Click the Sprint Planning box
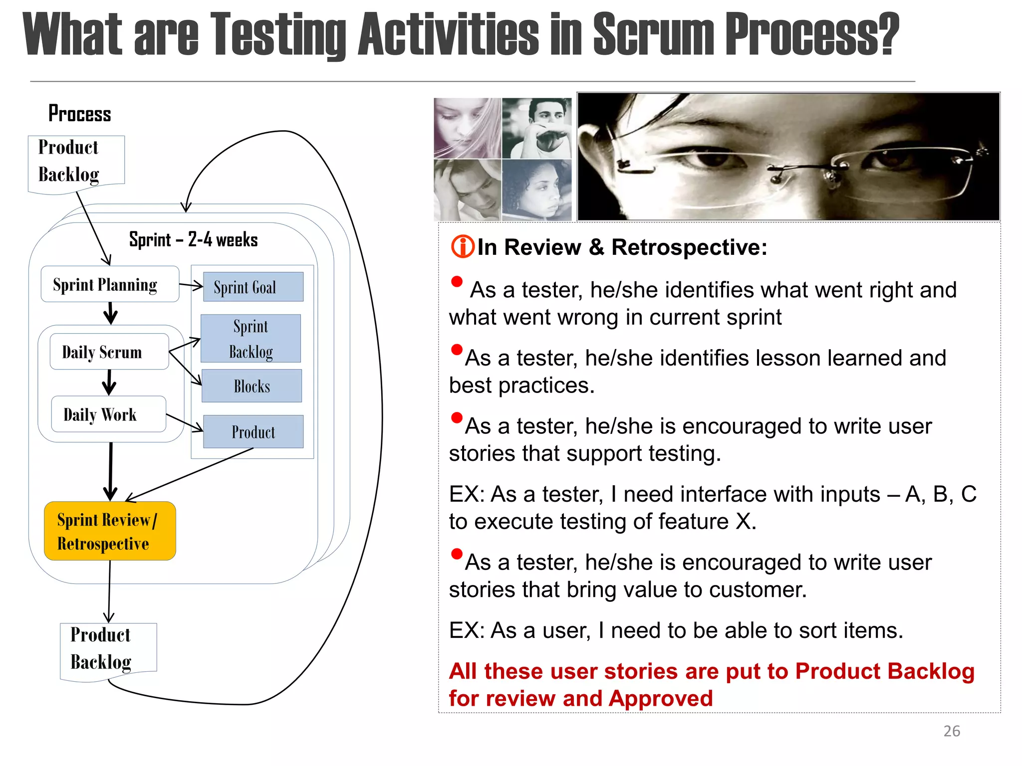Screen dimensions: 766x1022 click(110, 284)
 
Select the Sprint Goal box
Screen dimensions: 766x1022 click(253, 287)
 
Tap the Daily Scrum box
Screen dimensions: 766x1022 click(109, 352)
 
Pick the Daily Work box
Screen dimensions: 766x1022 click(108, 414)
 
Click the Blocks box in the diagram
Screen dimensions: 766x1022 click(252, 386)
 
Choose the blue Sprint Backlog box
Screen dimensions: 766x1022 click(251, 339)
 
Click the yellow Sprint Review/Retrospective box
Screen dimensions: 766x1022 click(110, 531)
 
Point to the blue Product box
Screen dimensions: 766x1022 click(253, 432)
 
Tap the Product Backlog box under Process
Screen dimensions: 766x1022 click(76, 162)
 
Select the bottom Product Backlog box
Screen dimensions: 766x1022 click(108, 649)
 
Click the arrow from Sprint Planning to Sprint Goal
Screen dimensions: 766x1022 click(191, 286)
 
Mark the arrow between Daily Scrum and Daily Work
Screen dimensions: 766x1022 click(109, 383)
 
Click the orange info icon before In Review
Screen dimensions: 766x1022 click(462, 247)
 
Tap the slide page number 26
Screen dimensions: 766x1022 click(952, 731)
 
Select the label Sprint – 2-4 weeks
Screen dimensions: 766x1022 click(193, 240)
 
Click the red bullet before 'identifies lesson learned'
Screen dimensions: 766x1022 click(456, 350)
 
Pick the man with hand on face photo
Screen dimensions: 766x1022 click(536, 128)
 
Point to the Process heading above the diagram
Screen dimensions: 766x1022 click(80, 114)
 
